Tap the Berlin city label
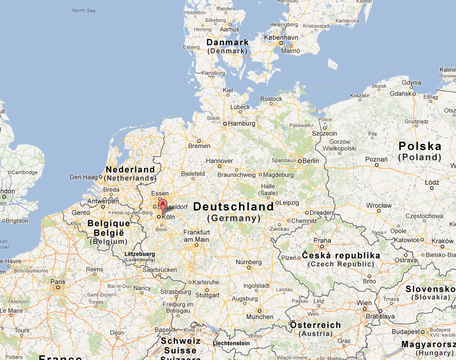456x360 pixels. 311,161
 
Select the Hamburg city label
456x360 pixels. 241,123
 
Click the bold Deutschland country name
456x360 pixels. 233,207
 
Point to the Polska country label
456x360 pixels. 420,146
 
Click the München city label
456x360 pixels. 259,317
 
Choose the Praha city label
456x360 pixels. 322,240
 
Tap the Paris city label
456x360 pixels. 58,282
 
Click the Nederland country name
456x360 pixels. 130,169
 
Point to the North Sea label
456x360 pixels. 84,11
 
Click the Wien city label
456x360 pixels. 364,303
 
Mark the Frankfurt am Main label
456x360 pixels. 196,236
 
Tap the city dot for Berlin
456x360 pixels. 299,161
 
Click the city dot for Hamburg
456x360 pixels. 225,124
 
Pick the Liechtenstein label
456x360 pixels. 231,343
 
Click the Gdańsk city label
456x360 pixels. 401,93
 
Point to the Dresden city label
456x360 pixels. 322,212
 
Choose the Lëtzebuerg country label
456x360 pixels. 140,253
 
